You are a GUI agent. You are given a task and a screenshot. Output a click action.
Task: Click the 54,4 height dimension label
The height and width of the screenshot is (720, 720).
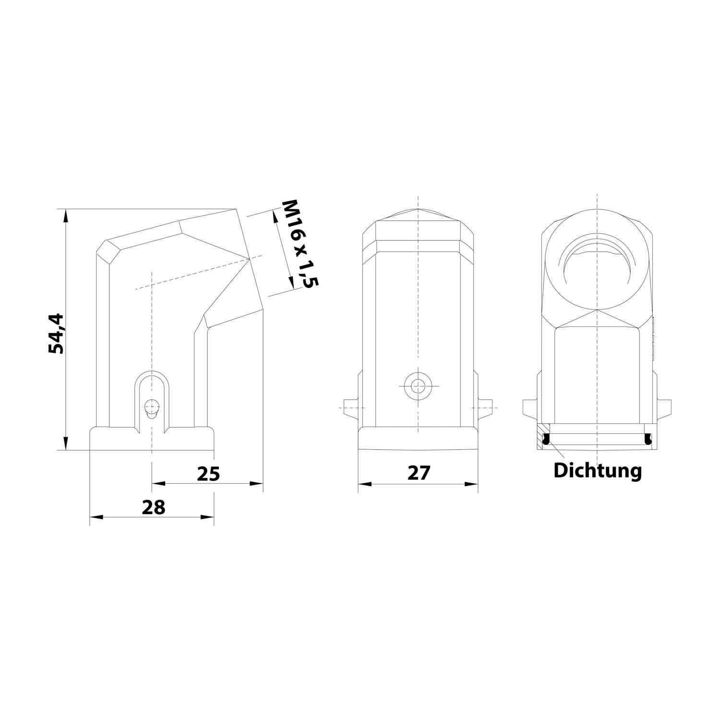tap(56, 333)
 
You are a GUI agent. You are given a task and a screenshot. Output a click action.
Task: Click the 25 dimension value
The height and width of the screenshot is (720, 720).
tap(208, 474)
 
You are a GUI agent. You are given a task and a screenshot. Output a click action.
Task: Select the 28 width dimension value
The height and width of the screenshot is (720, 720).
tap(154, 507)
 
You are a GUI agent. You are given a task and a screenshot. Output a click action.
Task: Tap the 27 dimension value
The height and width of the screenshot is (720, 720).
tap(419, 473)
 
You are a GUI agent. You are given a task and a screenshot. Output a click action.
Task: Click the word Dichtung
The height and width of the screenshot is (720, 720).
tap(597, 471)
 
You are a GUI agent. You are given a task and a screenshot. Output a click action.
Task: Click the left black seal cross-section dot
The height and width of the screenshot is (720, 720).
tap(546, 438)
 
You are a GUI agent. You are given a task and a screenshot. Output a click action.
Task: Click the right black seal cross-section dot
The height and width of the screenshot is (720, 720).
tap(648, 438)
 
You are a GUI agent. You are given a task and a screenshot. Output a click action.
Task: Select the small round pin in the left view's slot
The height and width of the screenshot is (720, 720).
tap(152, 407)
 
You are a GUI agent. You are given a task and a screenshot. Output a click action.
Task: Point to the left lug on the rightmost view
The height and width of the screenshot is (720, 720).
tap(530, 407)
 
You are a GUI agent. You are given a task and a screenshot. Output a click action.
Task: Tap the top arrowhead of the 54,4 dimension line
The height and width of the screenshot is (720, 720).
tap(66, 214)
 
